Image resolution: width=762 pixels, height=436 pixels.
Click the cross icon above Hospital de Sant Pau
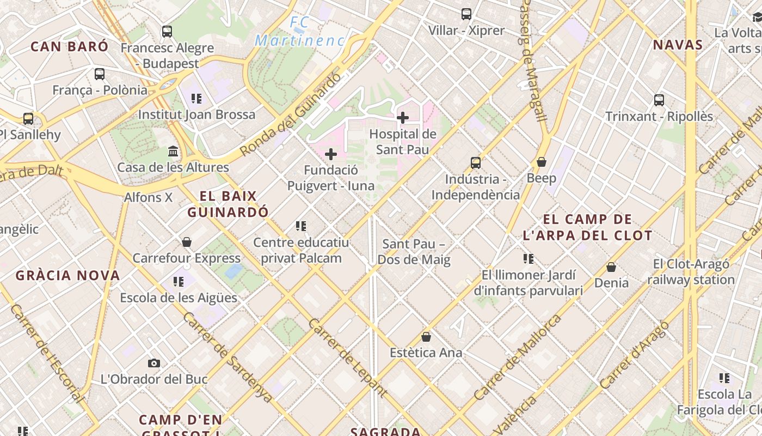pos(403,117)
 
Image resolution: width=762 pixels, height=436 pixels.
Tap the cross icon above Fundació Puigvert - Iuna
pos(330,154)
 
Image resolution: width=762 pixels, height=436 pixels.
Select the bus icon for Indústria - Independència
pos(476,162)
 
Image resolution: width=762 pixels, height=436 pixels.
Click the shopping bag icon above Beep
pos(542,162)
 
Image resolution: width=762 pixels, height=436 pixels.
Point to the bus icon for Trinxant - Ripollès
pos(659,100)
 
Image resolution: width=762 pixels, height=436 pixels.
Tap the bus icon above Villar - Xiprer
pos(466,14)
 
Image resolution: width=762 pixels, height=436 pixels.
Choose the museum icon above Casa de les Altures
pos(173,151)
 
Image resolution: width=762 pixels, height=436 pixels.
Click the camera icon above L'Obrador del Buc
pos(154,363)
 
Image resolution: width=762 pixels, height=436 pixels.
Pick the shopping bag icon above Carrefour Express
pos(187,241)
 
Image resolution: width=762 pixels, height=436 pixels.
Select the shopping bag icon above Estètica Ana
pos(426,337)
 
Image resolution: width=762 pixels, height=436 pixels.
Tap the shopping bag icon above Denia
pos(611,267)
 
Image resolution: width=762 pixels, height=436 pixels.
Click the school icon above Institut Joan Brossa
pos(196,99)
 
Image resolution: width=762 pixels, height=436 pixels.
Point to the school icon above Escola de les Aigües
pos(179,282)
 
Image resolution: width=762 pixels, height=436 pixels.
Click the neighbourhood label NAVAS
pos(678,45)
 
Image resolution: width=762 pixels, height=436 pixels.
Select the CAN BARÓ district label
pos(69,46)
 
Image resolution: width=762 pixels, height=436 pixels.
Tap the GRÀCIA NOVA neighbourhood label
pos(67,275)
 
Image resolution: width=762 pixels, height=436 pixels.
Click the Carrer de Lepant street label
pos(347,357)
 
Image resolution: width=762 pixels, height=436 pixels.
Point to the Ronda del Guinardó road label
pos(291,114)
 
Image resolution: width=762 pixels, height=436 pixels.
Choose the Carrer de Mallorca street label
pos(517,357)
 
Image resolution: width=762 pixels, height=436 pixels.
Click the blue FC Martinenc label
pos(300,32)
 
